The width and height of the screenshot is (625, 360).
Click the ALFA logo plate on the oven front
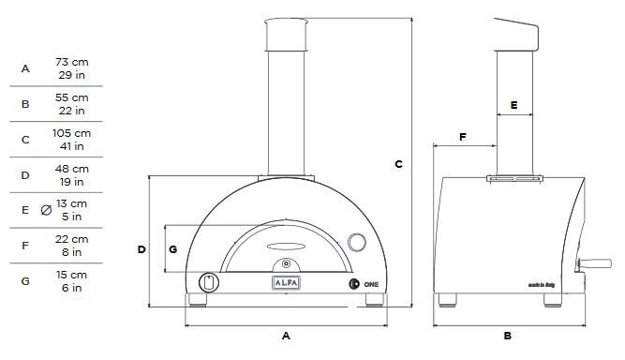pos(286,281)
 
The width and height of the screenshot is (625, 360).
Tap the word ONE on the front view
pos(371,282)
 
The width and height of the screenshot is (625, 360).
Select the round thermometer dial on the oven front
pos(358,242)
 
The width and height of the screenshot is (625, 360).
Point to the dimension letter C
pos(398,164)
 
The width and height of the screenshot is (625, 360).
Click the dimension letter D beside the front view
pos(141,249)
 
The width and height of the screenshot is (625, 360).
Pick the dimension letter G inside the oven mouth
pos(172,249)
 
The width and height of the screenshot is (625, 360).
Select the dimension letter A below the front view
pos(287,334)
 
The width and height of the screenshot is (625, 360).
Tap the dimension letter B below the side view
pos(507,335)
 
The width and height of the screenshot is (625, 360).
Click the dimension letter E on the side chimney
pos(513,104)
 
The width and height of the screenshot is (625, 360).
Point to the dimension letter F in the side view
pos(463,137)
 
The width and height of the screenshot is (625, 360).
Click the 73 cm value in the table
pos(72,62)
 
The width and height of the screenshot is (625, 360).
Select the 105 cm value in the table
pos(72,133)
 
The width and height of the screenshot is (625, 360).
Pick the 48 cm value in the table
pos(72,169)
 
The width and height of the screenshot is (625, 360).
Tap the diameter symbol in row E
pos(47,210)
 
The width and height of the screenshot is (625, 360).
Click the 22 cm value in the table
pos(72,239)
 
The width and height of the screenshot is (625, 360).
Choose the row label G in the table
pos(25,281)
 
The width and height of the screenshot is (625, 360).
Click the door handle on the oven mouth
pos(286,247)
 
